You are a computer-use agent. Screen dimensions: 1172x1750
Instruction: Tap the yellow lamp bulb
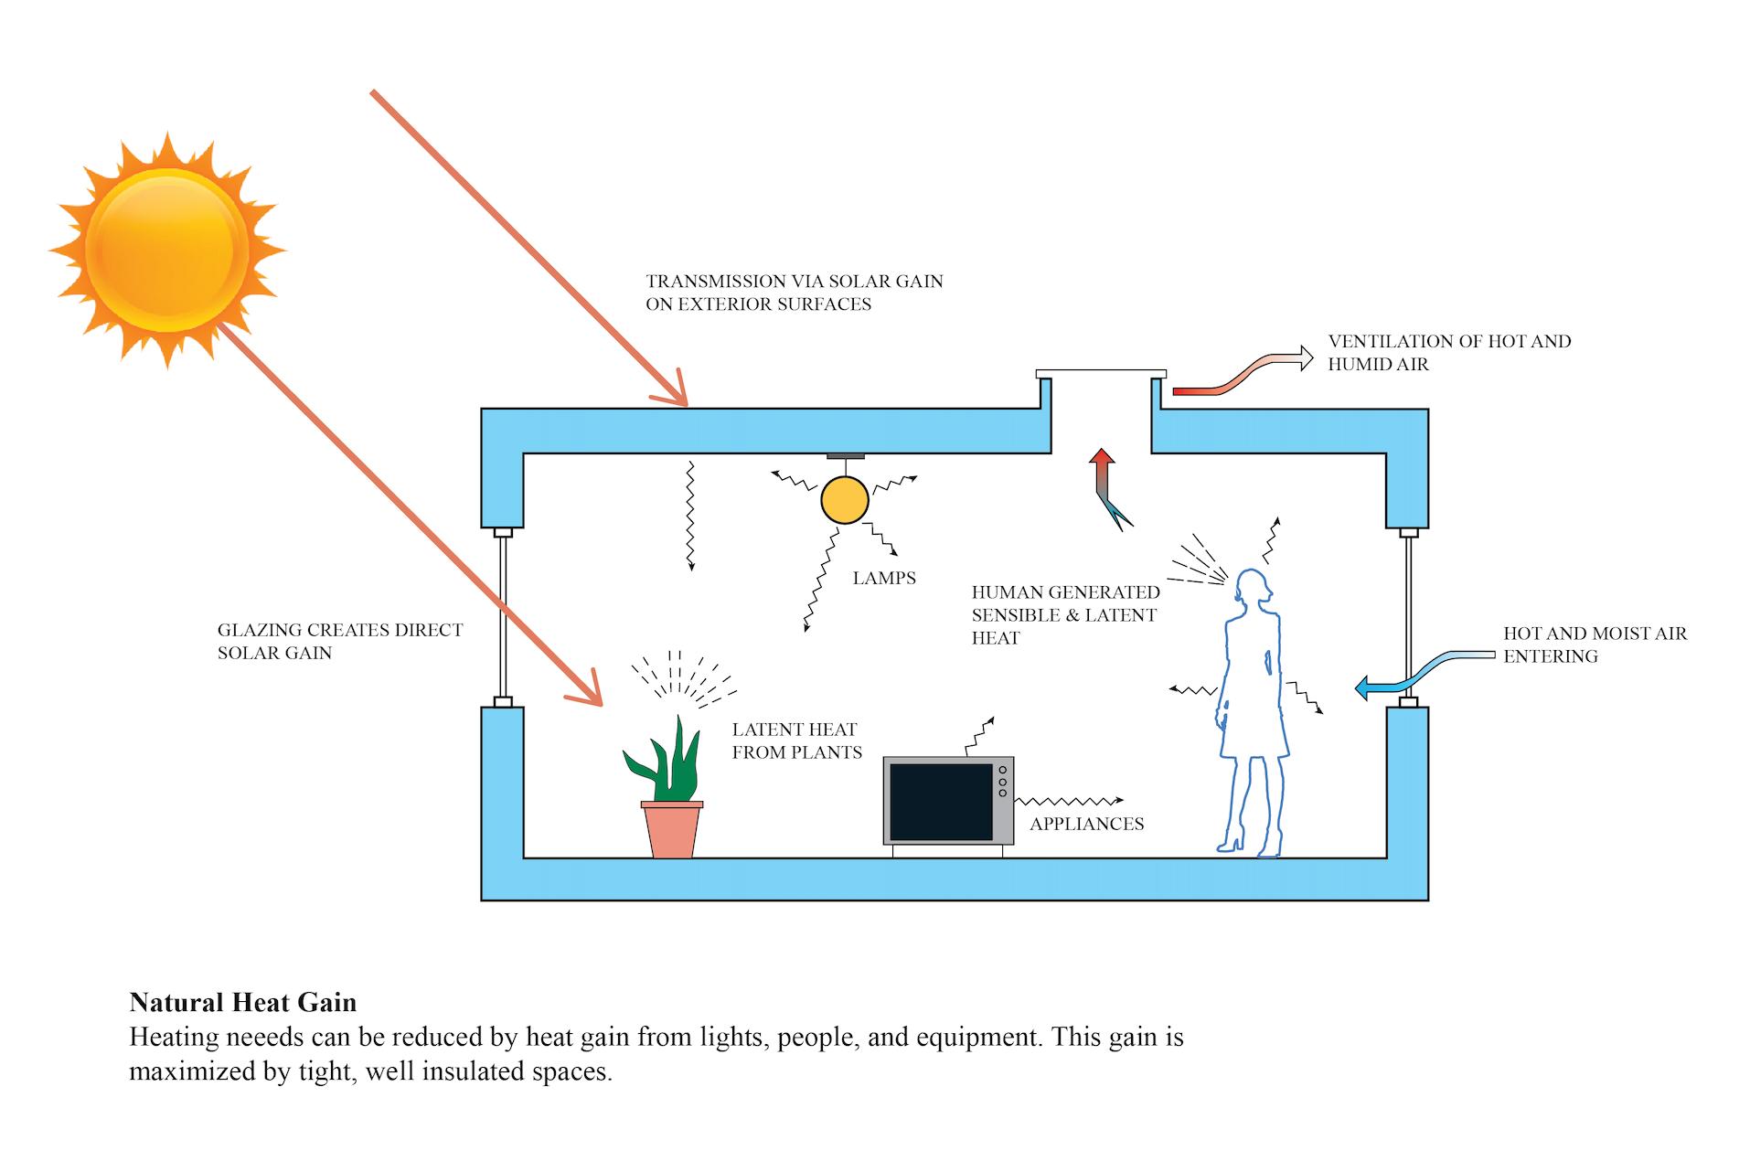(844, 500)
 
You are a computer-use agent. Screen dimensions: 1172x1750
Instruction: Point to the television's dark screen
(940, 801)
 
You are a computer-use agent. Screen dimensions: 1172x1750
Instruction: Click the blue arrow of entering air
(1408, 677)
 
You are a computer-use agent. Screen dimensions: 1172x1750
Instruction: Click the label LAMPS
(884, 578)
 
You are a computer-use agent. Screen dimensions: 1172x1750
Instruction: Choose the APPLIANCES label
(1086, 824)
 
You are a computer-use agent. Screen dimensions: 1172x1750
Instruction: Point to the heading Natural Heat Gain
(243, 1003)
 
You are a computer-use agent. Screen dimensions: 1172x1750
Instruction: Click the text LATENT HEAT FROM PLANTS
(796, 740)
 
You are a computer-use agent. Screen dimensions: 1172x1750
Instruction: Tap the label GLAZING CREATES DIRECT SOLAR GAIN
(340, 641)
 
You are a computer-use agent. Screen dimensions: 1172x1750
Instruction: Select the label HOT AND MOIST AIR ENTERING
(1595, 645)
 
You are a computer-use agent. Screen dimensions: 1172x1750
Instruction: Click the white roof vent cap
(1101, 373)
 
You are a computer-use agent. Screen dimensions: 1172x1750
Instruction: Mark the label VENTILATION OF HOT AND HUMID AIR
(1449, 352)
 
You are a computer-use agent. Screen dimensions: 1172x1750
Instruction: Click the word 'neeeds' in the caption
(260, 1038)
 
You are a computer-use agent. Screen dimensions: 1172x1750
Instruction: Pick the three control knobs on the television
(1002, 783)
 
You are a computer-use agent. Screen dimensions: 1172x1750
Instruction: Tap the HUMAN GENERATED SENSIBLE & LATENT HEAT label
(1065, 614)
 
